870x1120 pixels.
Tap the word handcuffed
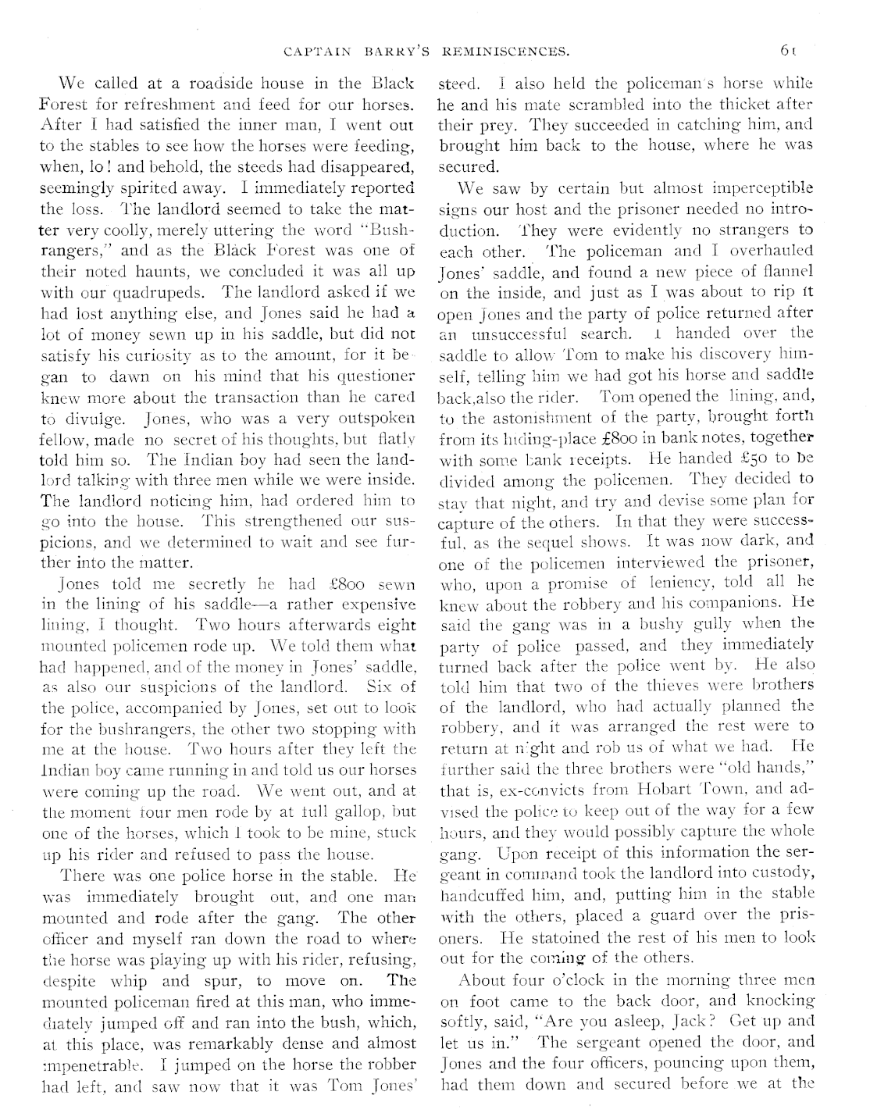[x=477, y=894]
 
